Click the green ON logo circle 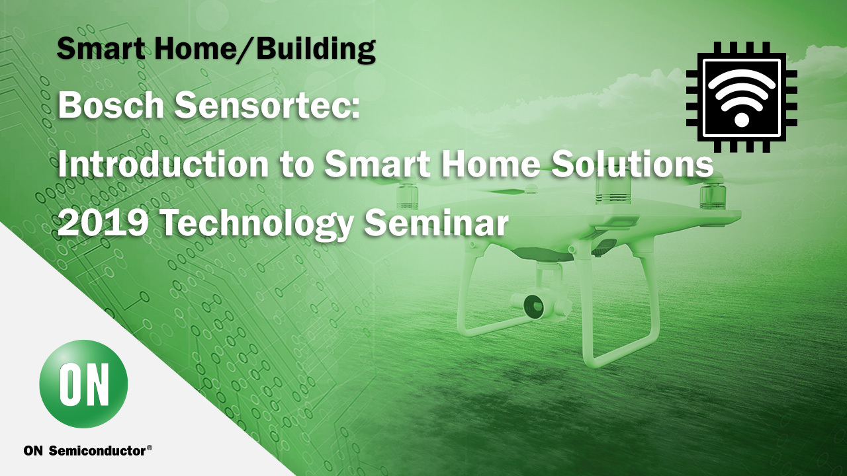pos(83,384)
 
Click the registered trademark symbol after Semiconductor pos(150,448)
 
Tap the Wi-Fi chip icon pos(742,97)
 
